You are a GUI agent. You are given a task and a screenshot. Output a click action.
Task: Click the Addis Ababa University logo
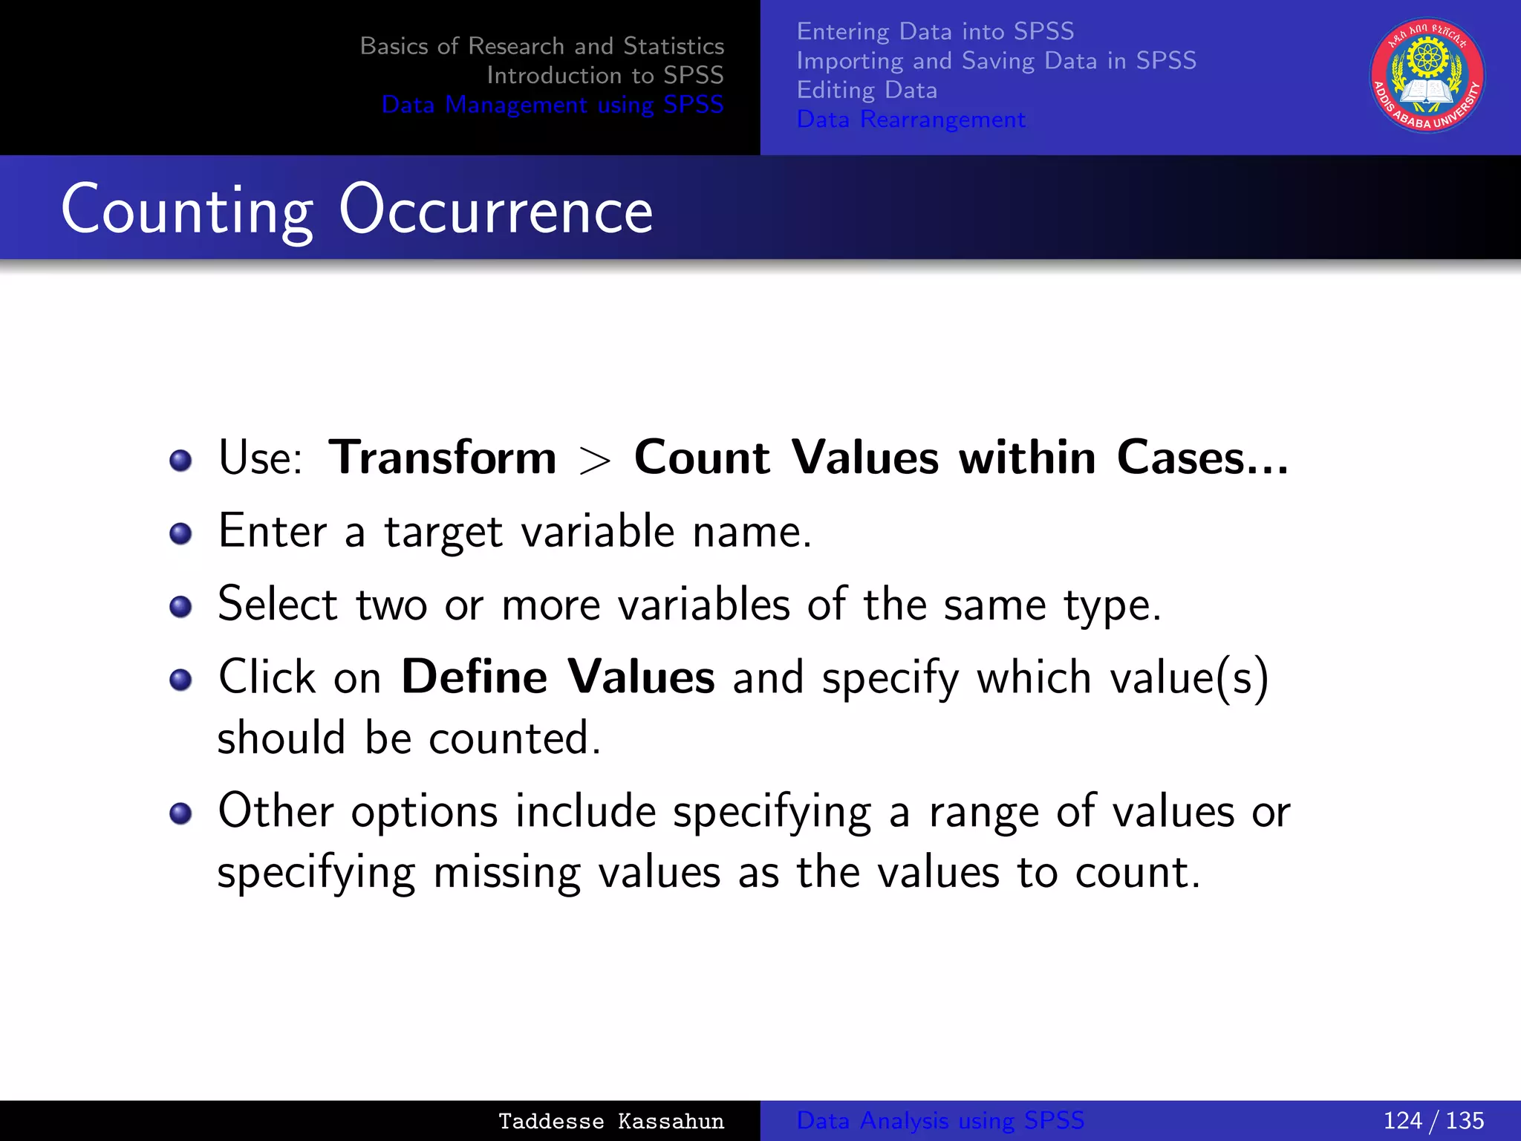(1427, 76)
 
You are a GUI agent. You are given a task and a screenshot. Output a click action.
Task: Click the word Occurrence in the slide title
(495, 211)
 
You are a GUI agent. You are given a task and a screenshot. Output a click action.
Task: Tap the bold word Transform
(443, 458)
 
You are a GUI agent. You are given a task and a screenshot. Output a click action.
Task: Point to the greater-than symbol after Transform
(595, 461)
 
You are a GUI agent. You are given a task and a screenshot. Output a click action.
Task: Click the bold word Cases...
(1202, 458)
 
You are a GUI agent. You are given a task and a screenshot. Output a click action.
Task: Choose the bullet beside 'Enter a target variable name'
(180, 533)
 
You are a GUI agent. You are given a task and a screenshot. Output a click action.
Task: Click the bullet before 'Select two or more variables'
(180, 607)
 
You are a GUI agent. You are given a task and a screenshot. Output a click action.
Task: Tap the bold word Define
(475, 677)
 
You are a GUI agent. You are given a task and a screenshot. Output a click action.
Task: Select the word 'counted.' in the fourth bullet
(515, 738)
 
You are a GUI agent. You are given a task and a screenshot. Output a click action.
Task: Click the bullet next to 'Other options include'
(180, 813)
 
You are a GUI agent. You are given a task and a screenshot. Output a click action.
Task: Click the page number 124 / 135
(1433, 1120)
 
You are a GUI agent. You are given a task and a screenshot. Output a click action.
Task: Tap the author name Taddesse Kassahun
(610, 1121)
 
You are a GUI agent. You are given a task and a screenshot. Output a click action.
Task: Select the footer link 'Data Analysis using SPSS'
(940, 1120)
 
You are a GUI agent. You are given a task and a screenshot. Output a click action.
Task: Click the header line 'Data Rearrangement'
(911, 120)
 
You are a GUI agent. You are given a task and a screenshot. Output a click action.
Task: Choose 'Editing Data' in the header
(867, 90)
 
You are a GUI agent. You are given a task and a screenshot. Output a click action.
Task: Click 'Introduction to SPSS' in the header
(605, 75)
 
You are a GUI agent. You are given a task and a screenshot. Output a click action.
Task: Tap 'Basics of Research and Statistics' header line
(541, 46)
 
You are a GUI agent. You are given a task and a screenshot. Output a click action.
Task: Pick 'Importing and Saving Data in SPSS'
(996, 60)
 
